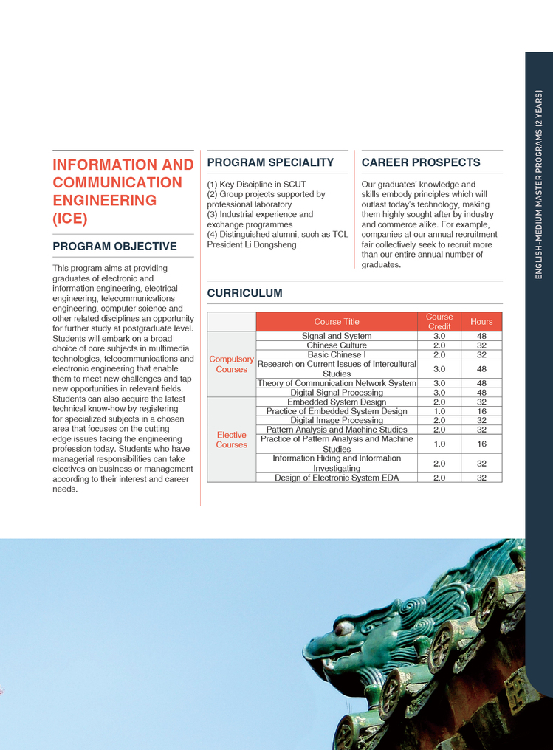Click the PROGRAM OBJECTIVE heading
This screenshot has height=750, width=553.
click(x=114, y=246)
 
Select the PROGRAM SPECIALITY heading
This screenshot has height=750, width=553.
click(x=270, y=162)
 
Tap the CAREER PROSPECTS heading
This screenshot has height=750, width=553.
click(x=420, y=162)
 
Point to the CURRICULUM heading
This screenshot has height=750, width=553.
click(x=244, y=293)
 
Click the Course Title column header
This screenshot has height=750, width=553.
click(x=337, y=322)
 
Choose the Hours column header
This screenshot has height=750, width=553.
click(x=481, y=322)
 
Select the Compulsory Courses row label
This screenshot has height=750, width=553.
click(x=231, y=364)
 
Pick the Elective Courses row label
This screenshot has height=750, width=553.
click(x=231, y=440)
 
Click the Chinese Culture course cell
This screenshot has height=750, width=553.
click(x=337, y=345)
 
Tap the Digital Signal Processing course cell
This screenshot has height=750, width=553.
click(x=337, y=393)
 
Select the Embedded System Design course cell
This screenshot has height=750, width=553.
click(x=337, y=402)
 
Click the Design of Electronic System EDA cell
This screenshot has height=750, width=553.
click(x=337, y=478)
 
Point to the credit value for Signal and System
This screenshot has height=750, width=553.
click(x=439, y=336)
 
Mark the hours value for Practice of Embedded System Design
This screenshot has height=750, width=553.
click(x=481, y=411)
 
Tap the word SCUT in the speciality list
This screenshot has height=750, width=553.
click(x=294, y=185)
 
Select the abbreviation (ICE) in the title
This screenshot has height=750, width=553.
click(x=70, y=219)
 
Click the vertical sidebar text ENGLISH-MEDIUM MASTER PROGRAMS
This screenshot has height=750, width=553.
click(x=539, y=185)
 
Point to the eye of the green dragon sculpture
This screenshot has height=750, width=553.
click(x=343, y=628)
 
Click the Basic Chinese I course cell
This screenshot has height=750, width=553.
click(x=337, y=355)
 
